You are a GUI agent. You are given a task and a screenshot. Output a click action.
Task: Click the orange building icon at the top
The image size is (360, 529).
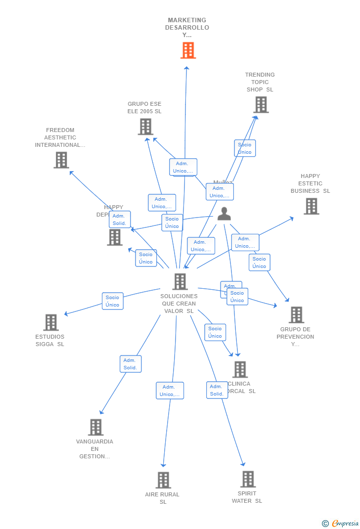188,50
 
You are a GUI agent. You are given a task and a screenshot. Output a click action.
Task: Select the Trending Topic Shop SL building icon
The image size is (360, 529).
261,105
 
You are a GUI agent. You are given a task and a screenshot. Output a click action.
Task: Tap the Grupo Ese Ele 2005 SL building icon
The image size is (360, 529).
145,127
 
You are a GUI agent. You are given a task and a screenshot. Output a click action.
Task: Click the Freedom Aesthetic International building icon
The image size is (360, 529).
61,160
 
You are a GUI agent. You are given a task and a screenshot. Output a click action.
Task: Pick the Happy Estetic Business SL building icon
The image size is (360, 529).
311,206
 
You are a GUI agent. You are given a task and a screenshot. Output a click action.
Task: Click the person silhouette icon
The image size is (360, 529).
224,214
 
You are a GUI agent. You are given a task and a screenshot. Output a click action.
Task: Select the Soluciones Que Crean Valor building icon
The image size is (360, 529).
180,282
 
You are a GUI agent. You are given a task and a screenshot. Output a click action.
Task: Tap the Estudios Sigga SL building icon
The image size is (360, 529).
51,322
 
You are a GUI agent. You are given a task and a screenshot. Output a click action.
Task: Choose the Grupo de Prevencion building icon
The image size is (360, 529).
296,315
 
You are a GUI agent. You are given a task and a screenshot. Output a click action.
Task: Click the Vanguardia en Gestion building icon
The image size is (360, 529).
95,427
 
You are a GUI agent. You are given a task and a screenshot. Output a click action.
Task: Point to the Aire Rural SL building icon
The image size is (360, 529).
163,480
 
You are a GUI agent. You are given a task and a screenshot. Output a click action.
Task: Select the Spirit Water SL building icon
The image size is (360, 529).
248,479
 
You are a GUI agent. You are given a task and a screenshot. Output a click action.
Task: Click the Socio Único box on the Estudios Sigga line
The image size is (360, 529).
113,301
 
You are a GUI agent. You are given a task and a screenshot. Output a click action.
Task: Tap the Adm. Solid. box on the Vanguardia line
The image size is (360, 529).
131,364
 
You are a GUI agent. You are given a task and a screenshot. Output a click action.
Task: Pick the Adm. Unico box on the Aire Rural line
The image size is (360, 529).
170,391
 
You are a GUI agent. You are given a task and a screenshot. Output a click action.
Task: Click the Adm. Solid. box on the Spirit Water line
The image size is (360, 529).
217,390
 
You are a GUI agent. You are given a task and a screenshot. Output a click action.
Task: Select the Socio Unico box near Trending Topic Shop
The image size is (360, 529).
245,148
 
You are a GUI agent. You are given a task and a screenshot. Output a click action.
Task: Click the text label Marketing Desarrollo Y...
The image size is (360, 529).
187,28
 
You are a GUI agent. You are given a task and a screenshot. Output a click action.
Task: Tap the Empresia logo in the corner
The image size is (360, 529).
341,523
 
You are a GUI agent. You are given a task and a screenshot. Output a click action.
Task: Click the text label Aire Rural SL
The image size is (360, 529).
163,498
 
